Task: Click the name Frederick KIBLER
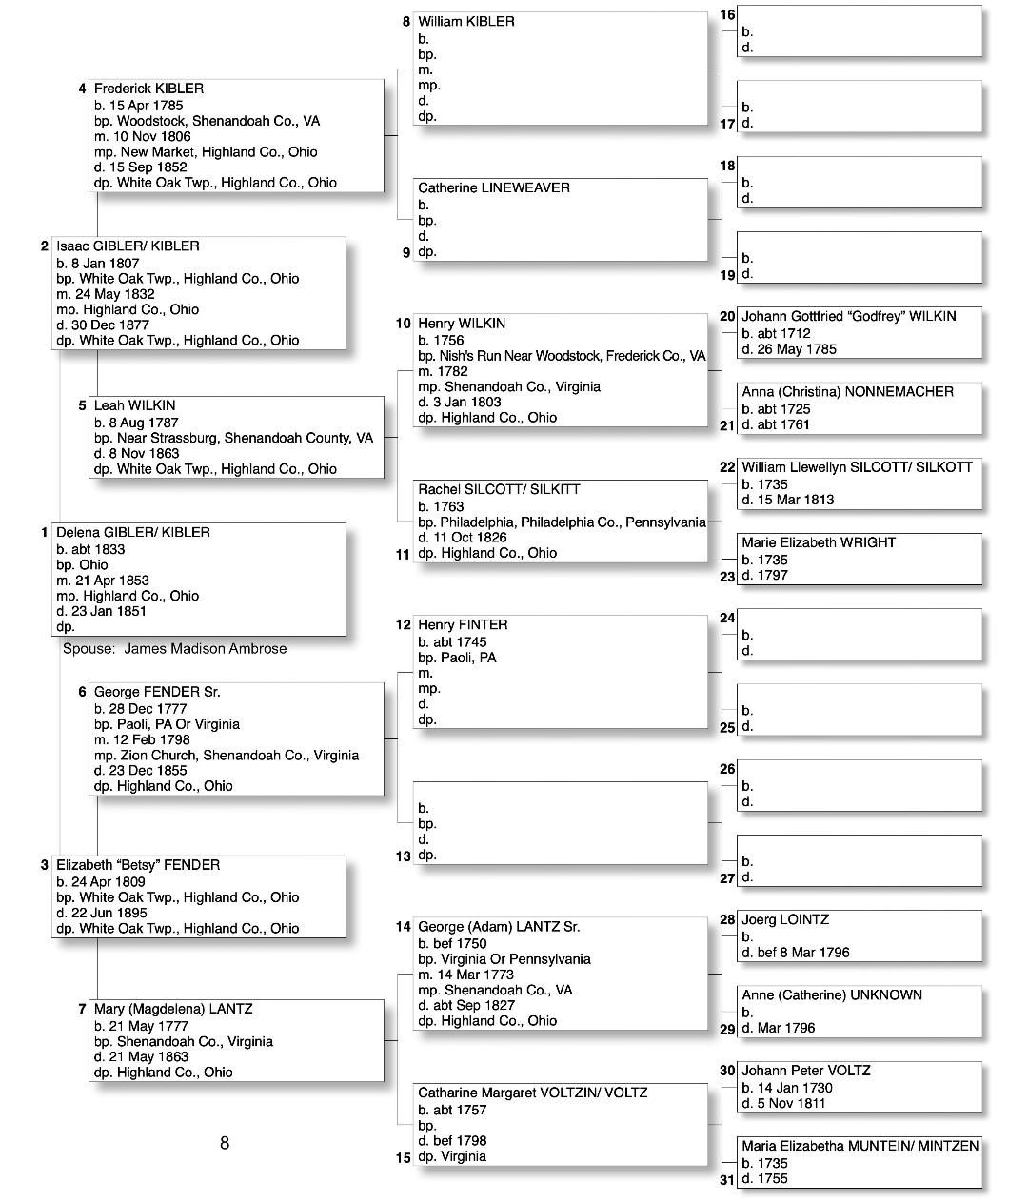(148, 89)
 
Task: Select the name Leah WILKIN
(134, 405)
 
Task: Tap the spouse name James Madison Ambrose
(205, 649)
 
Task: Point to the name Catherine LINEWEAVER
(493, 188)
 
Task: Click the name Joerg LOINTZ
(785, 920)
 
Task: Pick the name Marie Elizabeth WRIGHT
(819, 542)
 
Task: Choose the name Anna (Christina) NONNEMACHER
(847, 391)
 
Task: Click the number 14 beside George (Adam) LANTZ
(404, 927)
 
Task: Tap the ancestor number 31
(727, 1180)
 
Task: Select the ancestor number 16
(727, 14)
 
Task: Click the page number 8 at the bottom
(225, 1143)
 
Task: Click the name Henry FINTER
(463, 625)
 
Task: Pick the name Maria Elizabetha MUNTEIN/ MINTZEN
(860, 1147)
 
